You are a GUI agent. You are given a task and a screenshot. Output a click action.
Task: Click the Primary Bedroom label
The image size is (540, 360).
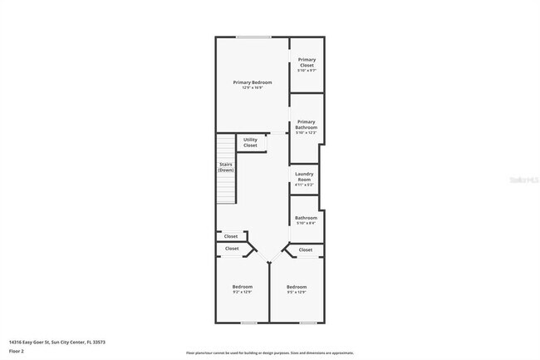[253, 81]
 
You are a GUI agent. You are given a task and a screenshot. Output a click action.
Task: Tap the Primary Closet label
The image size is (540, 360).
[307, 62]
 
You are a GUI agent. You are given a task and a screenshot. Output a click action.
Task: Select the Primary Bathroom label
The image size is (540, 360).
[307, 124]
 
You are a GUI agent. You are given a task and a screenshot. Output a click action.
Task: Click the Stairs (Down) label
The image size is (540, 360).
[226, 167]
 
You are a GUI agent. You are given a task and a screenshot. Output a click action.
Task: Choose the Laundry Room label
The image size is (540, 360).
[304, 176]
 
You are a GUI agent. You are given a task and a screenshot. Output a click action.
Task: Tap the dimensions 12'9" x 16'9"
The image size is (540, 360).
[253, 87]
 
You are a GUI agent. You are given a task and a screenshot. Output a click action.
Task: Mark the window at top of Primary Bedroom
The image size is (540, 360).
[247, 37]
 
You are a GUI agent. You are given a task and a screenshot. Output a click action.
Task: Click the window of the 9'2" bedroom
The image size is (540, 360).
[248, 323]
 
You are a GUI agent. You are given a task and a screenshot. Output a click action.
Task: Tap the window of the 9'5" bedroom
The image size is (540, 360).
[307, 323]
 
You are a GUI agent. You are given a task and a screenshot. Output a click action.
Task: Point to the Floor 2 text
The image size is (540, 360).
[17, 351]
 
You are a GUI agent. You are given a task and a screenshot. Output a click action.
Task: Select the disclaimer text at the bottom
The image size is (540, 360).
[269, 353]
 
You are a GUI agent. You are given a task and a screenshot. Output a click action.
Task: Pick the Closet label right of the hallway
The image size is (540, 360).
[305, 249]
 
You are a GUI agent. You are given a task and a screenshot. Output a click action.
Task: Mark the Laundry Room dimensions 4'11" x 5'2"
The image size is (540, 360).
[304, 185]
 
